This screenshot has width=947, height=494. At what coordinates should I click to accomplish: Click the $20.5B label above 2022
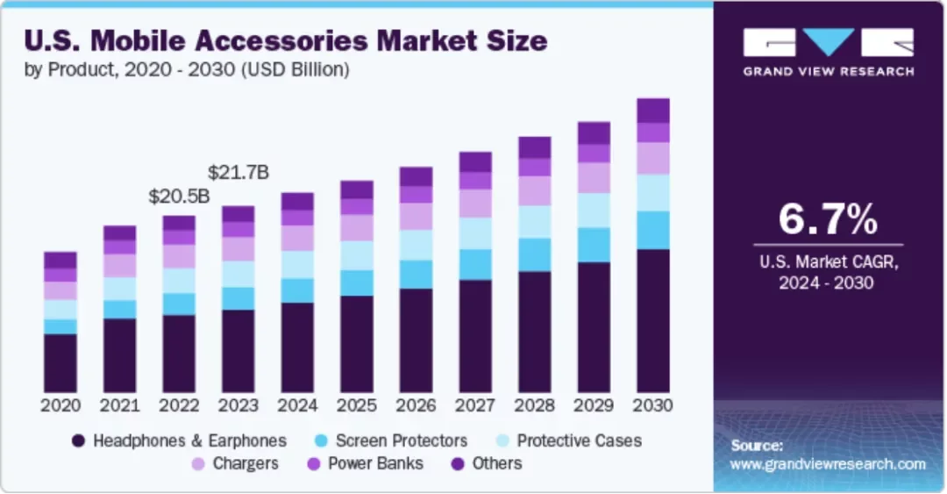pos(179,197)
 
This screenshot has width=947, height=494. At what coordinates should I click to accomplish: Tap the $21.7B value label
pos(238,173)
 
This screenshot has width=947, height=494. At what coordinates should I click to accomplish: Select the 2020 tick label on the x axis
pos(61,406)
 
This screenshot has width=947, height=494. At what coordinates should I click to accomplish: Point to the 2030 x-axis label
pos(652,406)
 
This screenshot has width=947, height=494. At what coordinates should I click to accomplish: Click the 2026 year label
pos(416,406)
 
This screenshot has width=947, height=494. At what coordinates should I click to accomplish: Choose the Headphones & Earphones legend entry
pos(180,440)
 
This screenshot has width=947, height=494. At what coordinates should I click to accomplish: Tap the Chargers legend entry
pos(236,463)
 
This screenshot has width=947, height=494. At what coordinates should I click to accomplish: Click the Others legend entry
pos(488,463)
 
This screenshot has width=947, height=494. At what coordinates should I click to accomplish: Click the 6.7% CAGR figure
pos(828,219)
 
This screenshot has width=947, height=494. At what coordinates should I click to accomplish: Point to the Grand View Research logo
pos(828,51)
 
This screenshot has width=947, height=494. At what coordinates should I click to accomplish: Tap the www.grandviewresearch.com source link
pos(828,464)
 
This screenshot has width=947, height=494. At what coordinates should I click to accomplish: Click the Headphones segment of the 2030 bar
pos(652,320)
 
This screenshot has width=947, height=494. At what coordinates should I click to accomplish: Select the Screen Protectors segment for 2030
pos(652,230)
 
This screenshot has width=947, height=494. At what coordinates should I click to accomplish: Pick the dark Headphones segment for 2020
pos(61,362)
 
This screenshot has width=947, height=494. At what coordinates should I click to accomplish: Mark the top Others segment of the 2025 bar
pos(357,190)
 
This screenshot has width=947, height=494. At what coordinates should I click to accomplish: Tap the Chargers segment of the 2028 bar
pos(534,190)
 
